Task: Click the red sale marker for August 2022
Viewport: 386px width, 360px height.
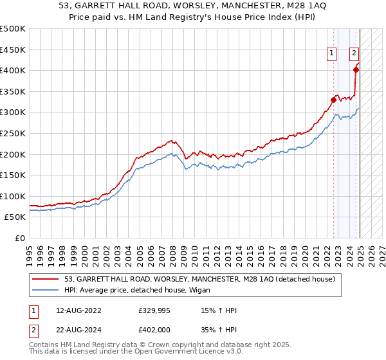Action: [x=333, y=100]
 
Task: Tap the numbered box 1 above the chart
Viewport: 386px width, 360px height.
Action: [x=332, y=54]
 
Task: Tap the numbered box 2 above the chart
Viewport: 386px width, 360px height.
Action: [x=354, y=54]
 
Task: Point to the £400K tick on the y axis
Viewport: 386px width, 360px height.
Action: [x=13, y=70]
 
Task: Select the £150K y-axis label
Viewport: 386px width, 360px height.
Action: [x=13, y=175]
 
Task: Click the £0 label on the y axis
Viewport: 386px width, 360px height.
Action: [x=19, y=238]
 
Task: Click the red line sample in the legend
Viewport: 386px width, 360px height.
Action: [x=46, y=280]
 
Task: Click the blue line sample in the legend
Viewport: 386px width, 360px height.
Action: [x=46, y=291]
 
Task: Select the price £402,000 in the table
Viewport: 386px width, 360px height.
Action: [x=153, y=329]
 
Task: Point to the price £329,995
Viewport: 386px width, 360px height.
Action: [x=153, y=311]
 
